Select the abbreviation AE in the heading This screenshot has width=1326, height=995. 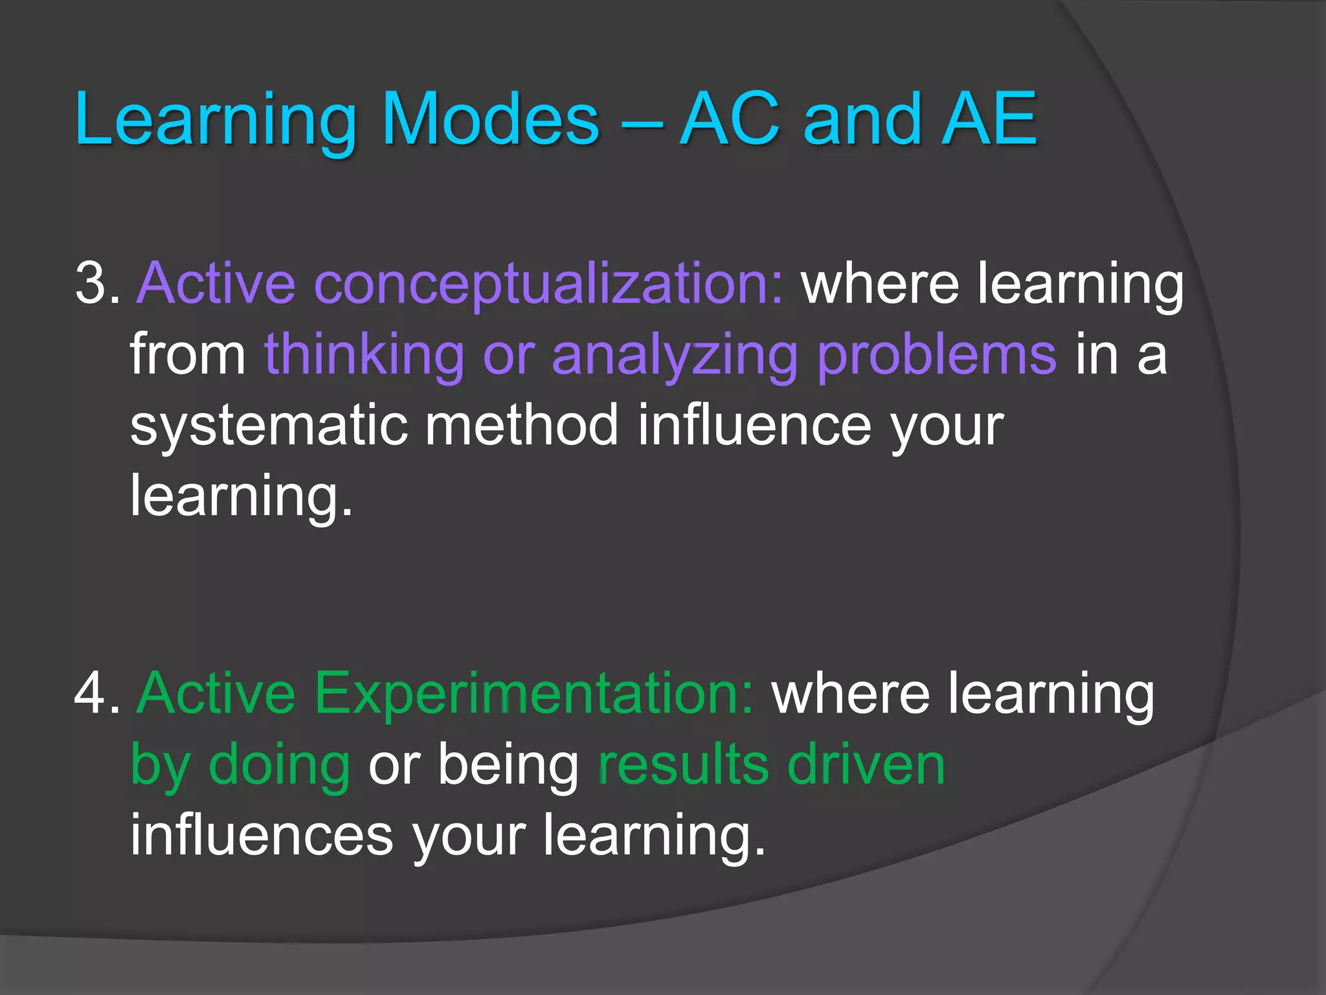(989, 119)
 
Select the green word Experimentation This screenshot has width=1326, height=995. (534, 693)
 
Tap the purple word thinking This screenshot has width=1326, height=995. (365, 354)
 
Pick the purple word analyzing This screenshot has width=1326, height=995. (674, 354)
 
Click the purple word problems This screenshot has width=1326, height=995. (936, 354)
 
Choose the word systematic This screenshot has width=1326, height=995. (269, 426)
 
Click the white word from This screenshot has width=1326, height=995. (188, 354)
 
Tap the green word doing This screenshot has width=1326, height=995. (279, 764)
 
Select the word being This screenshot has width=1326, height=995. (508, 764)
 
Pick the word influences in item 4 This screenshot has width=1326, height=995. (262, 836)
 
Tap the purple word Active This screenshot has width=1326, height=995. (216, 283)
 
